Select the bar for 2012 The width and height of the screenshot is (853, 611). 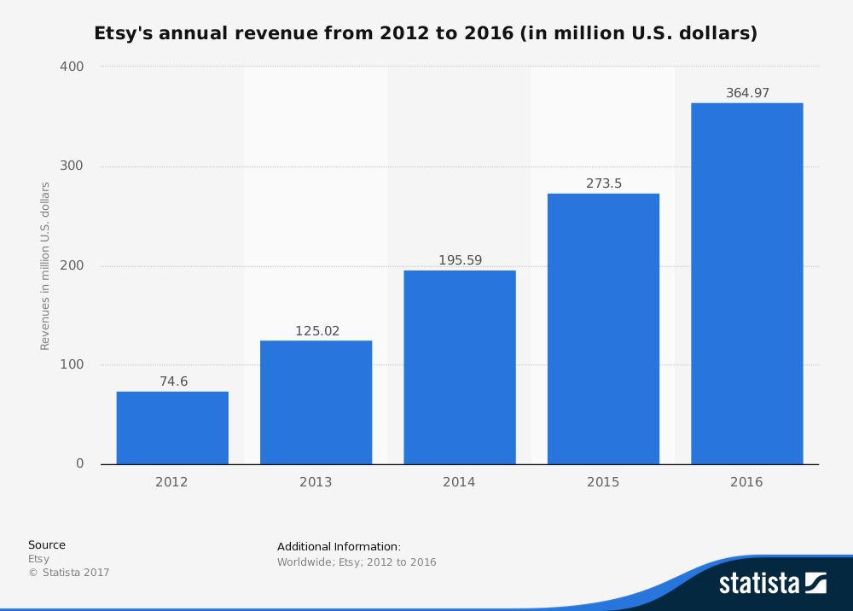click(172, 428)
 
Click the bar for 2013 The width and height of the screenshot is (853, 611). click(316, 402)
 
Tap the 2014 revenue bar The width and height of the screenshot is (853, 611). click(460, 367)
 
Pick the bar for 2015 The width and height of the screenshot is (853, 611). click(603, 329)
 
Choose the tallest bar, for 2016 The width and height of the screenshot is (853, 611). click(746, 283)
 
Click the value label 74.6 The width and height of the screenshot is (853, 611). click(173, 381)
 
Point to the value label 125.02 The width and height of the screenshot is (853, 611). click(316, 330)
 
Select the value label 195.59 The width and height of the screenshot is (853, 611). click(461, 260)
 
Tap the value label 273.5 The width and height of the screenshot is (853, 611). click(604, 183)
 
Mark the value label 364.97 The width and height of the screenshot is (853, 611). click(747, 93)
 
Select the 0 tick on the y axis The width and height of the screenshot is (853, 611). click(80, 463)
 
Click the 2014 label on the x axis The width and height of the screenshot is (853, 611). click(459, 482)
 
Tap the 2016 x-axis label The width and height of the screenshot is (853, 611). click(746, 482)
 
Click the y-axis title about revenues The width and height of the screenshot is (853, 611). click(45, 265)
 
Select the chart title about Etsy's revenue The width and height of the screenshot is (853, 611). click(426, 34)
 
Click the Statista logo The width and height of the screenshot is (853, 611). click(772, 583)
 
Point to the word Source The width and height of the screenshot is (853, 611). click(47, 545)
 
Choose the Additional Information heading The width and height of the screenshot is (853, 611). click(339, 547)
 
